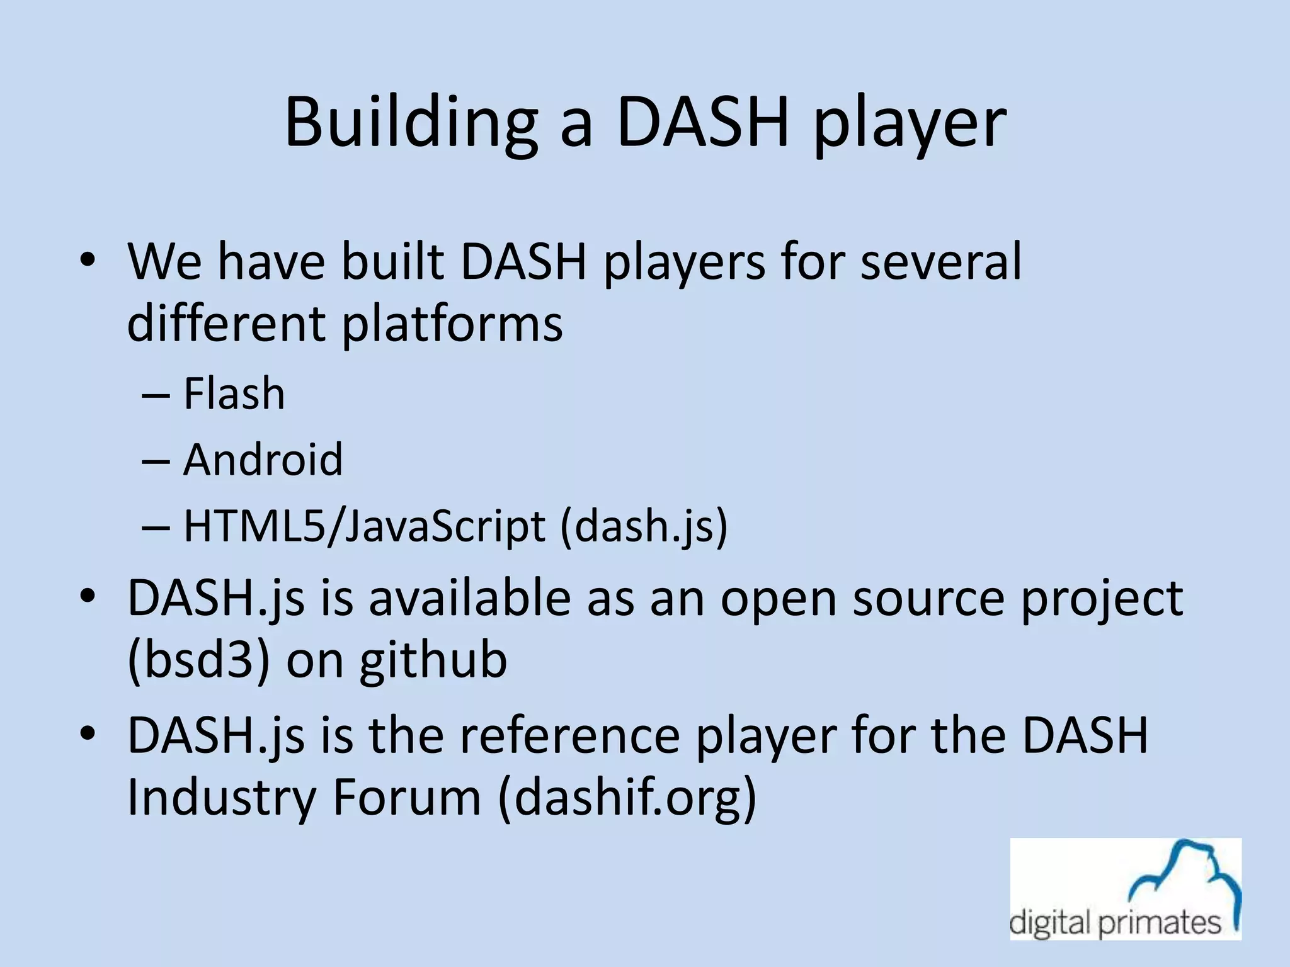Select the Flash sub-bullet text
234,393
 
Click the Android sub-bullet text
263,460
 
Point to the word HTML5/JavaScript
364,526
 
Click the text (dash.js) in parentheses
644,526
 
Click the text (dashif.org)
627,797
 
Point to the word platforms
452,324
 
